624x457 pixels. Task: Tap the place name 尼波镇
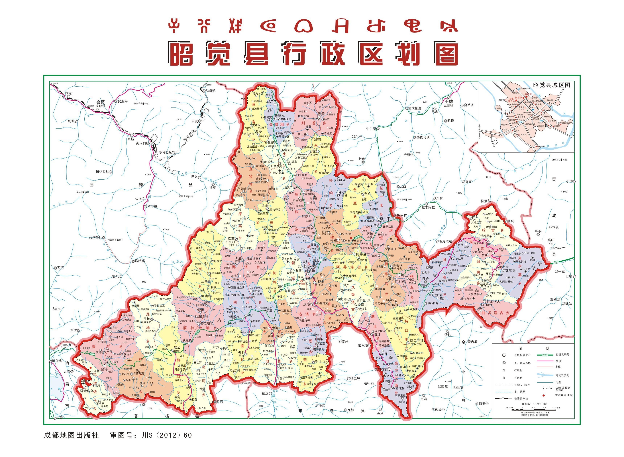210,90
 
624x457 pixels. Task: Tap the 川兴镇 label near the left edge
57,361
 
